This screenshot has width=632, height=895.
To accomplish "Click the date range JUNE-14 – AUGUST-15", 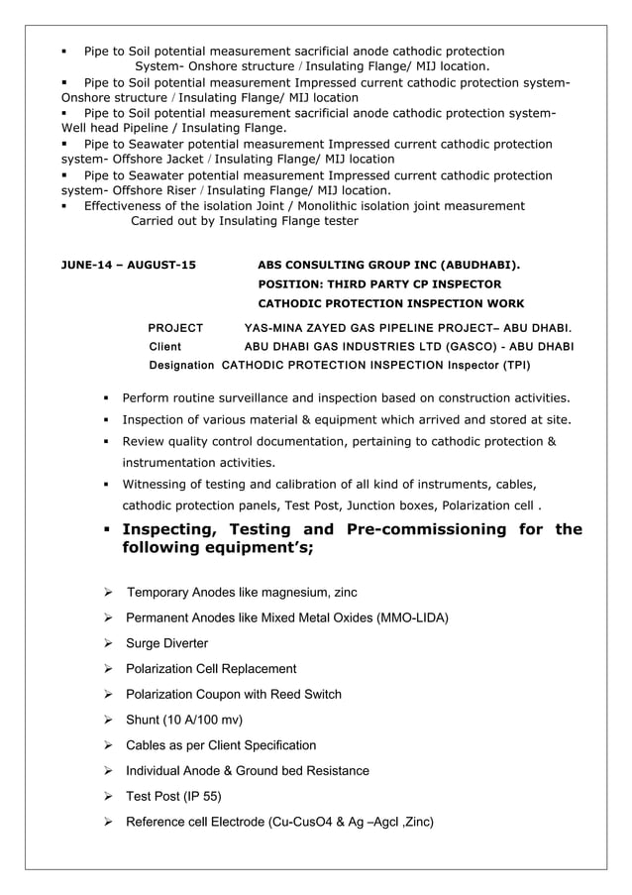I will (x=129, y=266).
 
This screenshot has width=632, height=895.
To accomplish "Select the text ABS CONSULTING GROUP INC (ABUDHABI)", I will (x=390, y=266).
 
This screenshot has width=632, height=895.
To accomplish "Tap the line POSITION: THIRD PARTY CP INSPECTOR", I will (x=379, y=284).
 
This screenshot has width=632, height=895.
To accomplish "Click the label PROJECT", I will (x=175, y=327).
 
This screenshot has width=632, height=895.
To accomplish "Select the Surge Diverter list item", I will (x=166, y=643).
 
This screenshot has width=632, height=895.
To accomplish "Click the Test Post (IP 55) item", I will (x=173, y=796).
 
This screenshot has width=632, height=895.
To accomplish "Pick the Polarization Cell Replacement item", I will (x=211, y=669).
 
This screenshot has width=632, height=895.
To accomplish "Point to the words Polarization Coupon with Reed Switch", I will (x=234, y=695).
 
